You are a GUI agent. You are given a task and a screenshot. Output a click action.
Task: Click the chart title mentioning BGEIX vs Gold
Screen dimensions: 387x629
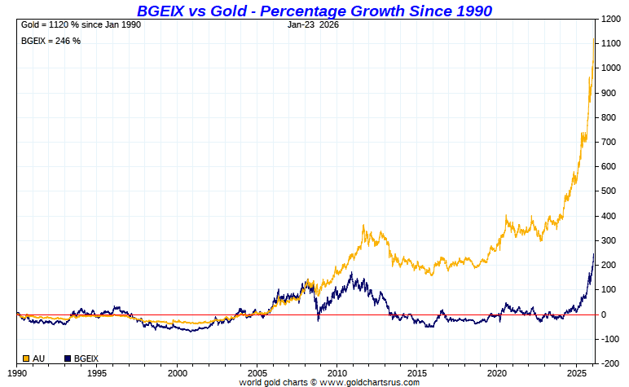[x=314, y=10]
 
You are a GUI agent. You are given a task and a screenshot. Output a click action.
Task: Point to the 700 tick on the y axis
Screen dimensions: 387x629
[x=608, y=142]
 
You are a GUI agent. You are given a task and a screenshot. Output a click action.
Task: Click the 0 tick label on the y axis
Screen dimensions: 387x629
[x=603, y=314]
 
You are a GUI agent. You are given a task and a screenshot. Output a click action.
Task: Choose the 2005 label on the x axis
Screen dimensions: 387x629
[x=257, y=372]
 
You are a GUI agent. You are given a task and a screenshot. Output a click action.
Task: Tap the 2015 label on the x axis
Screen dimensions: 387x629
[x=418, y=372]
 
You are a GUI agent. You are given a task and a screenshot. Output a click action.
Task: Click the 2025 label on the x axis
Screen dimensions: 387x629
[x=578, y=372]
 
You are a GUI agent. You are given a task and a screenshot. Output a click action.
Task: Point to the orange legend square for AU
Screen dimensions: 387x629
[x=25, y=358]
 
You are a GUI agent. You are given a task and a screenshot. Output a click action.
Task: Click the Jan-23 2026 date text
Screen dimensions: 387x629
[x=314, y=24]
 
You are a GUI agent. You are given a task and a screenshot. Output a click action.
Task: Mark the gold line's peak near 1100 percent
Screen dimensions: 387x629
[x=593, y=39]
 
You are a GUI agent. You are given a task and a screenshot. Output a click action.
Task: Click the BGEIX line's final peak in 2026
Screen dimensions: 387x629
[x=594, y=254]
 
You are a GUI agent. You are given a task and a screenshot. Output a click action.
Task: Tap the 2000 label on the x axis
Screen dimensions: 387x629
[x=178, y=372]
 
